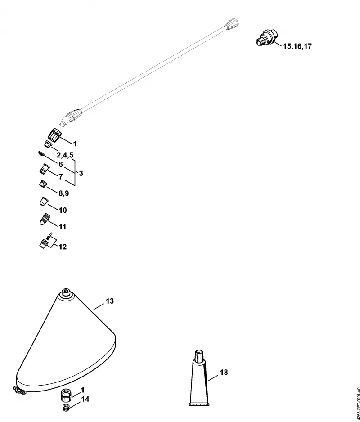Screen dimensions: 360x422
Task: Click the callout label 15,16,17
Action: [297, 46]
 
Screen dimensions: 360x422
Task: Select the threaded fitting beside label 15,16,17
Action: [266, 39]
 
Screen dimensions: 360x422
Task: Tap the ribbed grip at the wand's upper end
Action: [232, 23]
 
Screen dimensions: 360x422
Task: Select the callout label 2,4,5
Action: [65, 155]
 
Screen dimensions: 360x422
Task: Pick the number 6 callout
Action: [61, 164]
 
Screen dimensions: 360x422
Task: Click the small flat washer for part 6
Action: [40, 154]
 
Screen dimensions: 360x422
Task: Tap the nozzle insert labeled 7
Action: [44, 168]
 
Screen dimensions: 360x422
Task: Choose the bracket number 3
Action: [81, 173]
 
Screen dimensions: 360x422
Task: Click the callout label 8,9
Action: [64, 193]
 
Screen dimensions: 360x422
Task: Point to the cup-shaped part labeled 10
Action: [44, 202]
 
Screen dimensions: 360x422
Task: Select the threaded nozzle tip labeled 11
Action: [45, 219]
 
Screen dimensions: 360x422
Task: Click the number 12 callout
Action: [63, 247]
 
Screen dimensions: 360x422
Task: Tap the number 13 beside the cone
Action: [110, 301]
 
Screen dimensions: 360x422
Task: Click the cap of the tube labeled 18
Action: [199, 356]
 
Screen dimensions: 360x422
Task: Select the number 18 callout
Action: [224, 372]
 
